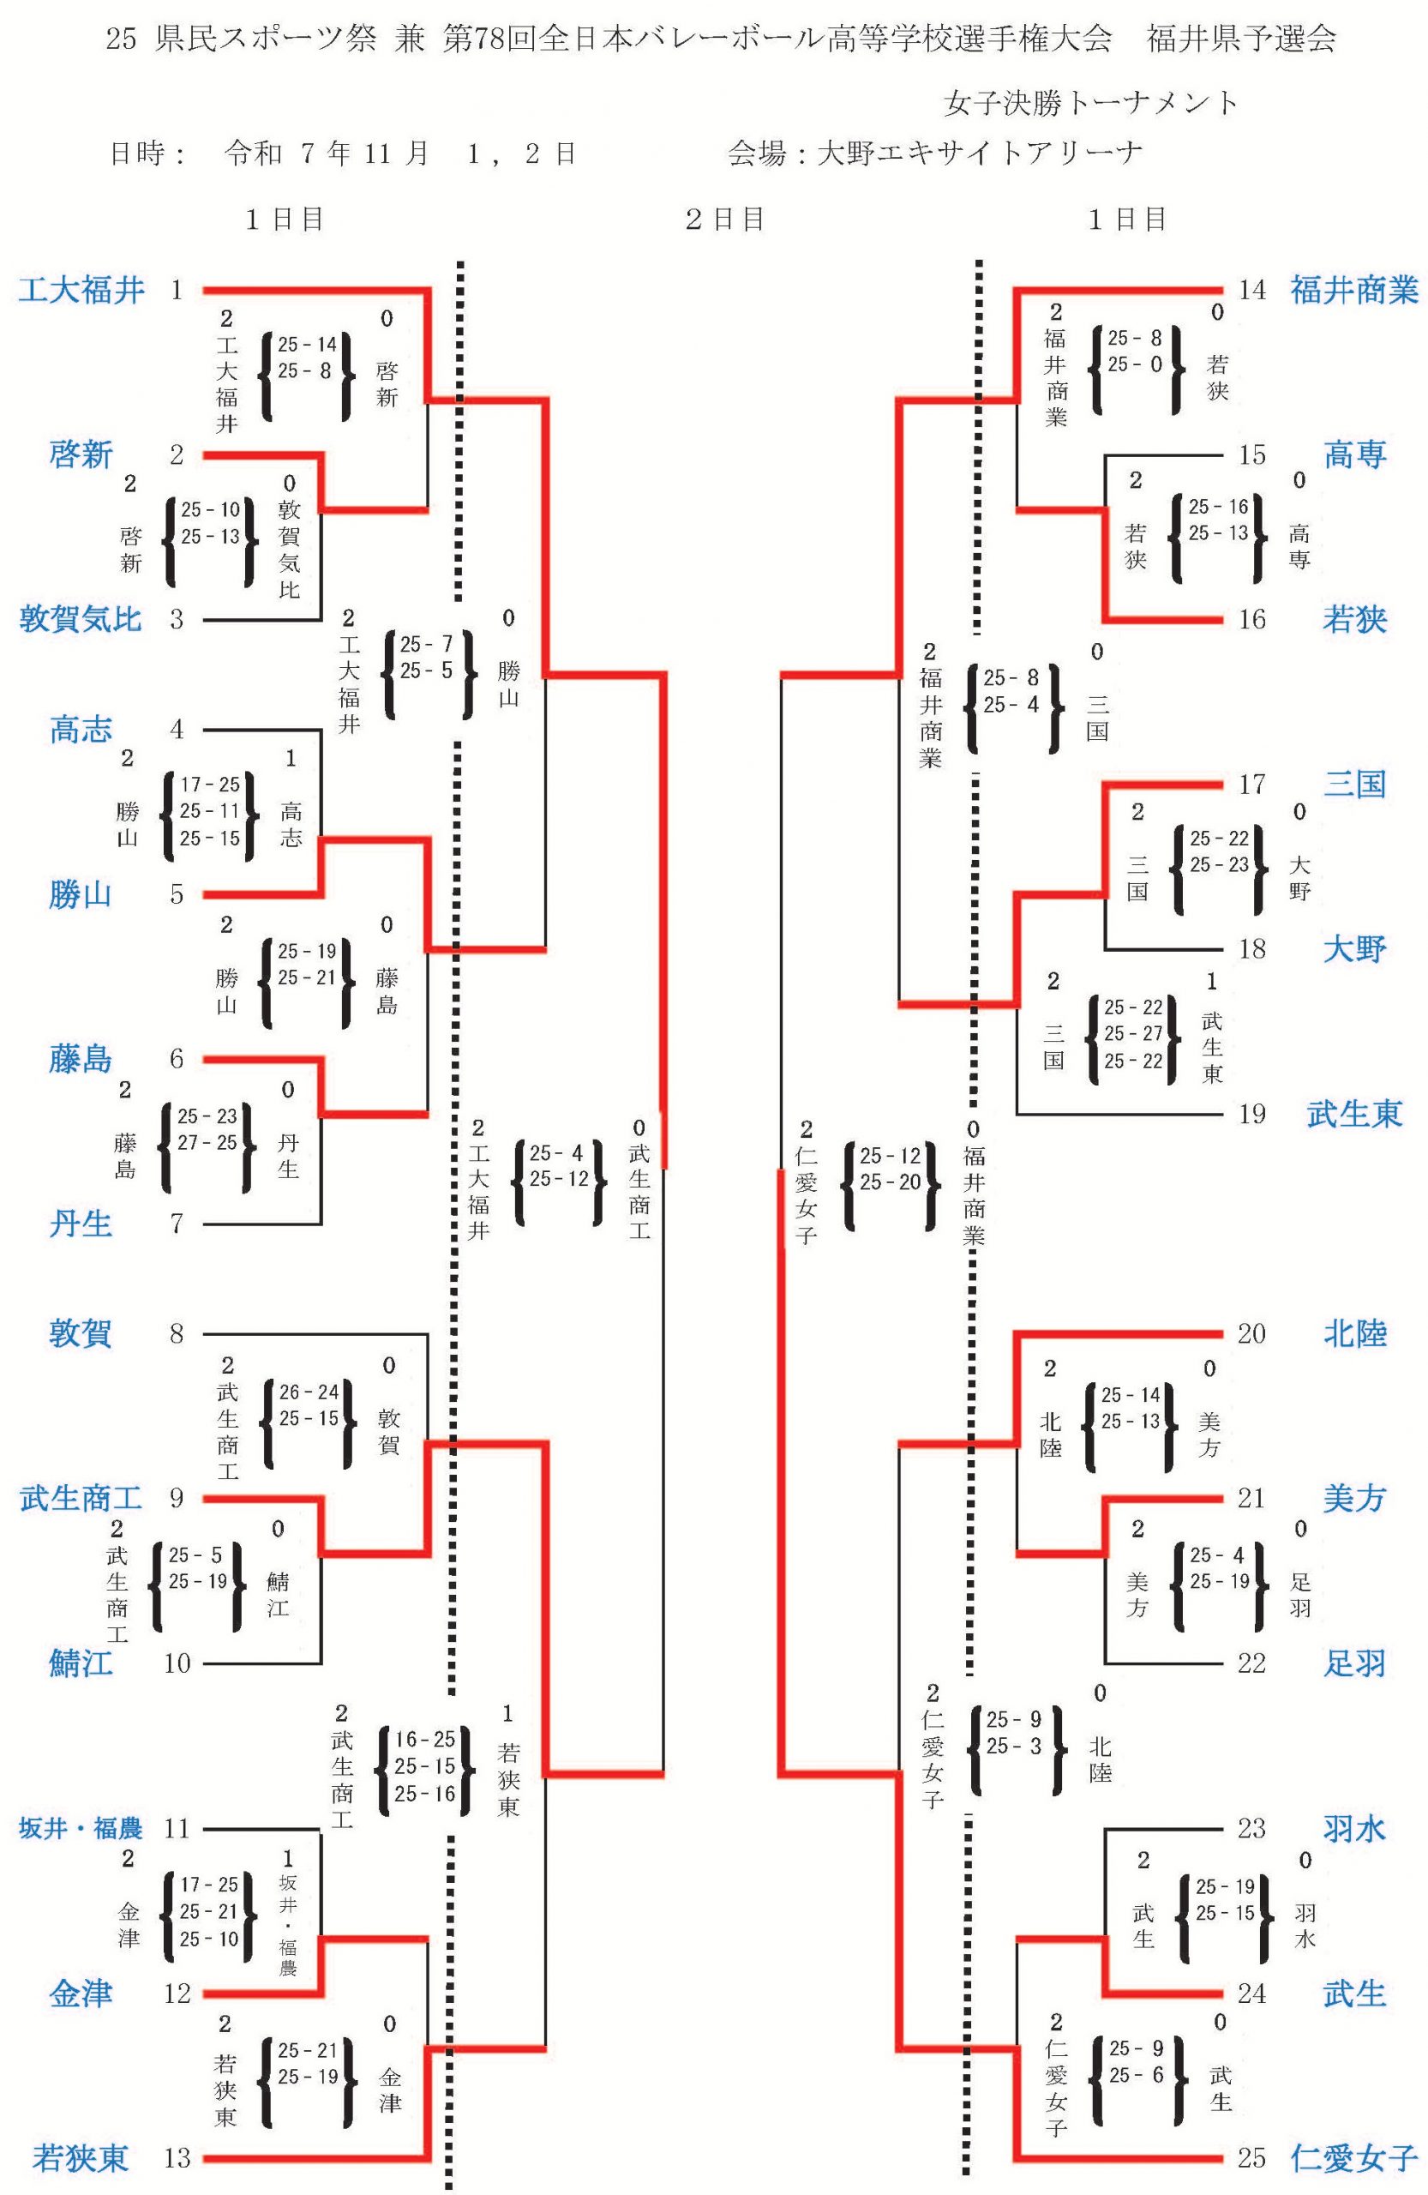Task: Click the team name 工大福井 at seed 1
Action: pyautogui.click(x=81, y=291)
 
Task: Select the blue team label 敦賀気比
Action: pyautogui.click(x=81, y=619)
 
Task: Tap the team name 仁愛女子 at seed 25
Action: pyautogui.click(x=1353, y=2157)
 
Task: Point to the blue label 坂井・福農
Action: pyautogui.click(x=81, y=1828)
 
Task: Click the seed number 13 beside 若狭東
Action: pyautogui.click(x=177, y=2157)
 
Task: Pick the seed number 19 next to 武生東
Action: pyautogui.click(x=1251, y=1113)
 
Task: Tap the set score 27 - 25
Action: pyautogui.click(x=207, y=1143)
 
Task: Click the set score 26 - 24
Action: pyautogui.click(x=308, y=1392)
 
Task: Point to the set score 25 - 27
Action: pyautogui.click(x=1133, y=1034)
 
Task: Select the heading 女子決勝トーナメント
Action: pyautogui.click(x=1090, y=102)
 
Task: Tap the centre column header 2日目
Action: pyautogui.click(x=723, y=219)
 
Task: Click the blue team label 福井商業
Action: pyautogui.click(x=1353, y=291)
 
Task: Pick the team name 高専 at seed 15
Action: pyautogui.click(x=1354, y=454)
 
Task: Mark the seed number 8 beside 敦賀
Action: pyautogui.click(x=177, y=1333)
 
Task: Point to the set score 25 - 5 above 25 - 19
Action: pyautogui.click(x=195, y=1555)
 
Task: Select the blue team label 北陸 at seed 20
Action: pyautogui.click(x=1354, y=1333)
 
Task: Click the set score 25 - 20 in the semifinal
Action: pyautogui.click(x=890, y=1182)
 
